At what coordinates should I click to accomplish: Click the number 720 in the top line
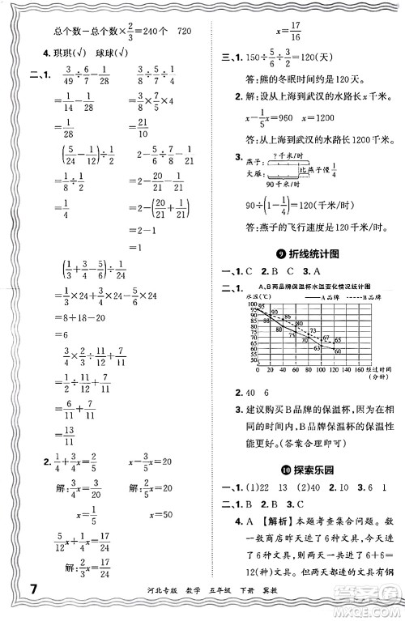(184, 30)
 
